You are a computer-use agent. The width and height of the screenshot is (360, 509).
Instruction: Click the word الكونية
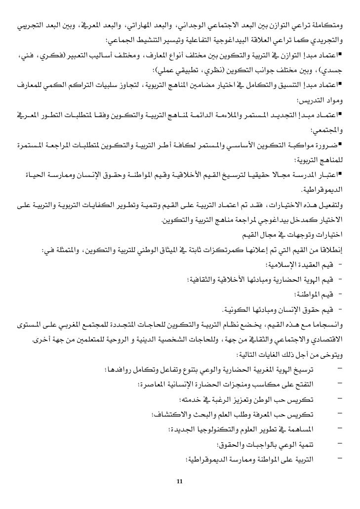click(241, 309)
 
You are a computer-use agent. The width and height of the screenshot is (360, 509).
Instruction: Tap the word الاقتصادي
click(337, 341)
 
